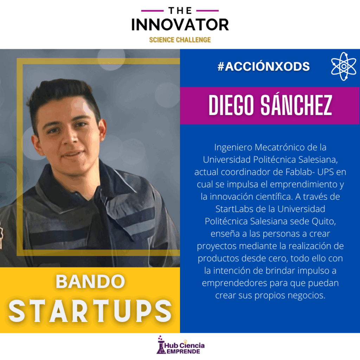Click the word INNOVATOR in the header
pyautogui.click(x=180, y=25)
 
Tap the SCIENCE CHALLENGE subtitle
pyautogui.click(x=180, y=40)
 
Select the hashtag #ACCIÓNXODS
pyautogui.click(x=264, y=66)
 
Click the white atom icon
pyautogui.click(x=343, y=66)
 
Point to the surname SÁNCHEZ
pyautogui.click(x=296, y=105)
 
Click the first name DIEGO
pyautogui.click(x=231, y=105)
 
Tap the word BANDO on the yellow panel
pyautogui.click(x=90, y=281)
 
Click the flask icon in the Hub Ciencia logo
pyautogui.click(x=161, y=345)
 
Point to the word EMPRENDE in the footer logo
pyautogui.click(x=183, y=352)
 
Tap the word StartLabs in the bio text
pyautogui.click(x=234, y=209)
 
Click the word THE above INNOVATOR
pyautogui.click(x=180, y=11)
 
